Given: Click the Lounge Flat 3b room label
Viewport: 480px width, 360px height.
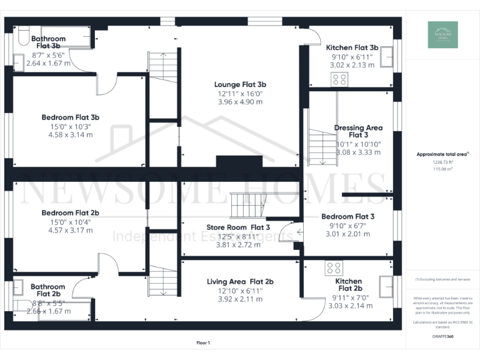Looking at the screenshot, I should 240,84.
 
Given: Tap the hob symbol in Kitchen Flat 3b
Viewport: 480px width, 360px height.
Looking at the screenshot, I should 339,79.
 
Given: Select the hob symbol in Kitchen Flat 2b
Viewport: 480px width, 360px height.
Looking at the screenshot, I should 332,268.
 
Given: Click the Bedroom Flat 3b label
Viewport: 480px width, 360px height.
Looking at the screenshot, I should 71,117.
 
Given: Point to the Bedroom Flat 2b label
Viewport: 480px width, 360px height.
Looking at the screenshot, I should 71,212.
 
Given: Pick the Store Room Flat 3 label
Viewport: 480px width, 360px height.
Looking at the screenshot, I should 238,227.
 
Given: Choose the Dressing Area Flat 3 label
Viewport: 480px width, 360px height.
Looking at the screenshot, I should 358,131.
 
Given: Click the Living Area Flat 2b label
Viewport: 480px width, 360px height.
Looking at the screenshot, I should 240,282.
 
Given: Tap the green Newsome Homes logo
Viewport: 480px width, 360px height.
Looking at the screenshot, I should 442,35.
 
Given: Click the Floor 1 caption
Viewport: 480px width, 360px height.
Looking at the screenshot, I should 203,342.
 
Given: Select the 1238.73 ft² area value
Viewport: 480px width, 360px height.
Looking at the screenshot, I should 442,162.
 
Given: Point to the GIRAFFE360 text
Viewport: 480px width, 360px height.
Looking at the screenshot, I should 442,336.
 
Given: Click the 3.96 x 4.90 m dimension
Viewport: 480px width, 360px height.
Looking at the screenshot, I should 240,102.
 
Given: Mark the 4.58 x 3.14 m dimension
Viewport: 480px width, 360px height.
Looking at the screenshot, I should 71,134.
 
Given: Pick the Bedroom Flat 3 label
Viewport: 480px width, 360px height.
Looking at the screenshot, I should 347,217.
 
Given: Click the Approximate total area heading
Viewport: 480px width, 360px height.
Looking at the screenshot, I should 442,153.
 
